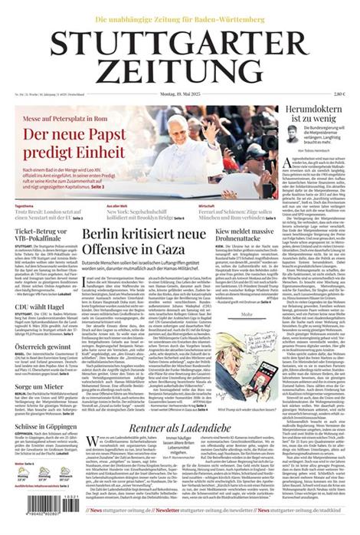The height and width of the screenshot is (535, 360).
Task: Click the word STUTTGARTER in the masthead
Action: (180, 44)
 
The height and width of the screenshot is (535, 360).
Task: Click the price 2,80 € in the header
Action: (339, 94)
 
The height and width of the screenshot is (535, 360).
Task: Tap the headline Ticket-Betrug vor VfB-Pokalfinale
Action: (44, 234)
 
